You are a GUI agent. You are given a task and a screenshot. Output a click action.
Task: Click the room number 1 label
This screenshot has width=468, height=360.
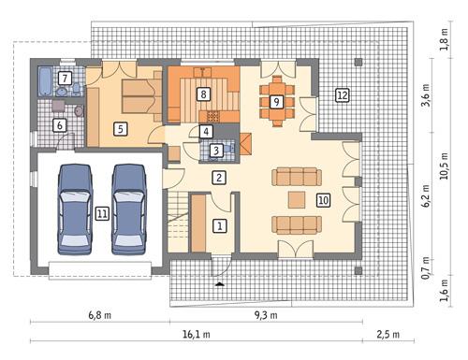pyautogui.click(x=219, y=225)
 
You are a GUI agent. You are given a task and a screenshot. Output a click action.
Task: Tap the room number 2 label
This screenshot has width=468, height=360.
pyautogui.click(x=218, y=178)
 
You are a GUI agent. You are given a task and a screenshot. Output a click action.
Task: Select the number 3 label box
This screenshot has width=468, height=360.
pyautogui.click(x=216, y=150)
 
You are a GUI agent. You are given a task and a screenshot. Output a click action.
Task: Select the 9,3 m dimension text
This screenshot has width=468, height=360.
pyautogui.click(x=268, y=316)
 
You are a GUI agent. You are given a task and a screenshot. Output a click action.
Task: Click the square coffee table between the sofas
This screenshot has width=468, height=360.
pyautogui.click(x=296, y=198)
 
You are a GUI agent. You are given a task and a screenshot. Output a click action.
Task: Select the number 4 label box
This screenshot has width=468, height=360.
pyautogui.click(x=205, y=132)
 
